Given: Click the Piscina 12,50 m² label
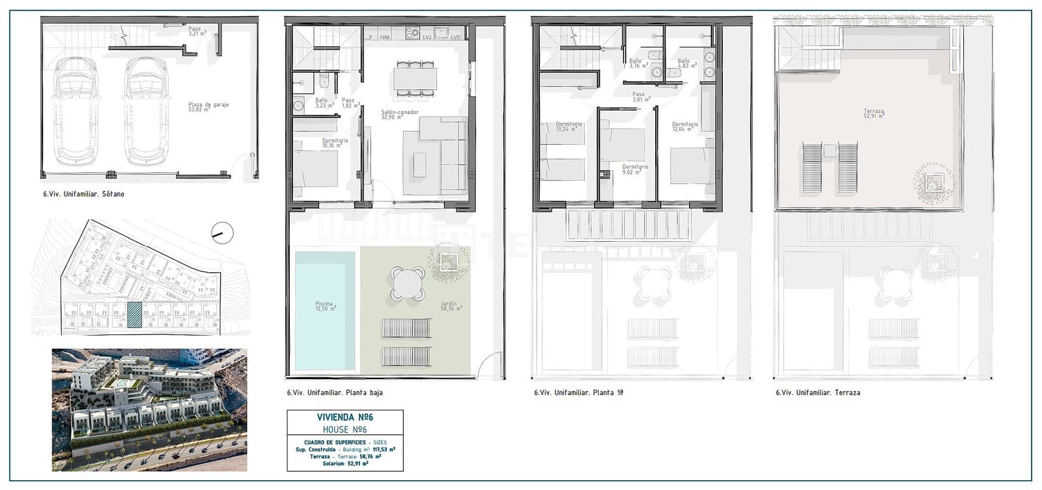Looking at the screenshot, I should [x=324, y=306].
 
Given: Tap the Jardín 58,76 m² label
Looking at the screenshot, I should [x=449, y=306].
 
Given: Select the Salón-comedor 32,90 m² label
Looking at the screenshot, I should [x=399, y=114].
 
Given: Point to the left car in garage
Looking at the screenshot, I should [x=76, y=111].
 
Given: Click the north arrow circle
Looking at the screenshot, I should [x=222, y=233].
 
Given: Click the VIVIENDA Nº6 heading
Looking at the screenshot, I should [x=345, y=417].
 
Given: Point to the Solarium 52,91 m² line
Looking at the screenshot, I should [x=345, y=464].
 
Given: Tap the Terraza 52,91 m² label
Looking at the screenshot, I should [x=873, y=114].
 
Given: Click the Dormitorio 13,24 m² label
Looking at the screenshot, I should [x=569, y=126].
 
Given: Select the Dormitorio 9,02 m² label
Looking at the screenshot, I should [x=635, y=169].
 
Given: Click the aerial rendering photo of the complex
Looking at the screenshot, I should [x=149, y=410].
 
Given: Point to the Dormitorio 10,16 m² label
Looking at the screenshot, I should [x=335, y=143].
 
